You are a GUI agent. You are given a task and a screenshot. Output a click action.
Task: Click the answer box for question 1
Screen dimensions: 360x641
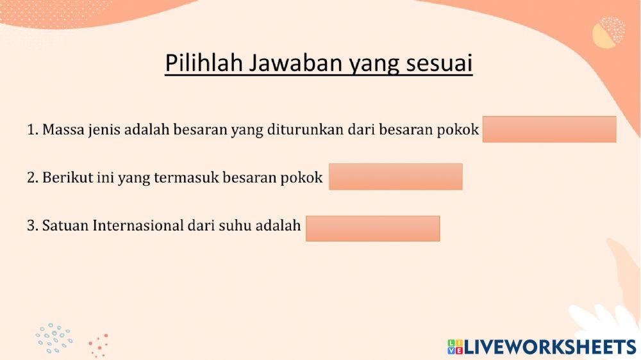pos(549,129)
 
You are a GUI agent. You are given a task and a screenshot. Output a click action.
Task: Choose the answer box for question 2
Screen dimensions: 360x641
pos(395,177)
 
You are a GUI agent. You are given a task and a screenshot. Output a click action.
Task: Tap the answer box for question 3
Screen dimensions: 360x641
pos(372,228)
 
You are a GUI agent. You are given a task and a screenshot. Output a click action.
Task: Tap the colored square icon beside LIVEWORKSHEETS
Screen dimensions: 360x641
pos(455,347)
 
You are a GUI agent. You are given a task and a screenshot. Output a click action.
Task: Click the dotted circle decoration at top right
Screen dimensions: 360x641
pos(608,32)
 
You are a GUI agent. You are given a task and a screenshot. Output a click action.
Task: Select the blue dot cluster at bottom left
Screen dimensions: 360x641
pos(54,338)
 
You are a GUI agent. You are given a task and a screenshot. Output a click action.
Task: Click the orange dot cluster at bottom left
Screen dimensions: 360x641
pos(99,346)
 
